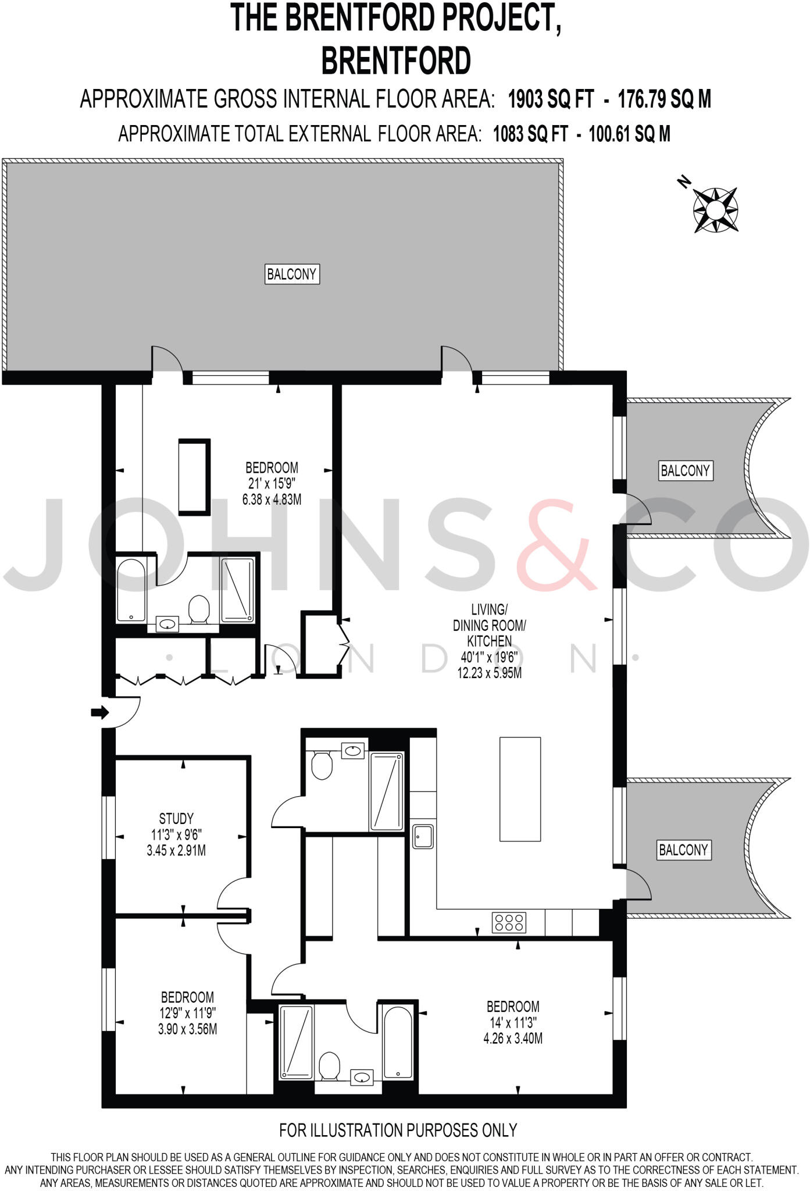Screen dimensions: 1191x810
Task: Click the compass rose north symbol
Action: pyautogui.click(x=715, y=209)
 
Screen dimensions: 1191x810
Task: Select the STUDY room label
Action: pyautogui.click(x=176, y=818)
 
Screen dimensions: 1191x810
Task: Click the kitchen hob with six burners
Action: pyautogui.click(x=509, y=922)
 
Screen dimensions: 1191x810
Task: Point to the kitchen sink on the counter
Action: pyautogui.click(x=423, y=836)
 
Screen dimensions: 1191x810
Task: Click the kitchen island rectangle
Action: pyautogui.click(x=520, y=789)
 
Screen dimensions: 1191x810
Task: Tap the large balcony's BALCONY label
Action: pyautogui.click(x=292, y=274)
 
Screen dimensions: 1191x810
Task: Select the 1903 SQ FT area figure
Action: pyautogui.click(x=551, y=99)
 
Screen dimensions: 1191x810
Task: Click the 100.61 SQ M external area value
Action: pyautogui.click(x=629, y=134)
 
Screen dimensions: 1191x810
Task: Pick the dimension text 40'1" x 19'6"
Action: pyautogui.click(x=489, y=657)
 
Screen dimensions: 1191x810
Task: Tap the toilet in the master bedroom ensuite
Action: pyautogui.click(x=199, y=608)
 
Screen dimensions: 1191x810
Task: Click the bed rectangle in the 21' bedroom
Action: pyautogui.click(x=194, y=477)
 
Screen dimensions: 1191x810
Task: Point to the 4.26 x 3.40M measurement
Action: pyautogui.click(x=513, y=1038)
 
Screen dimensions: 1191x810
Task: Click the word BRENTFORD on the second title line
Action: pyautogui.click(x=396, y=60)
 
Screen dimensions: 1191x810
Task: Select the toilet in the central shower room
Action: pyautogui.click(x=322, y=764)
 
